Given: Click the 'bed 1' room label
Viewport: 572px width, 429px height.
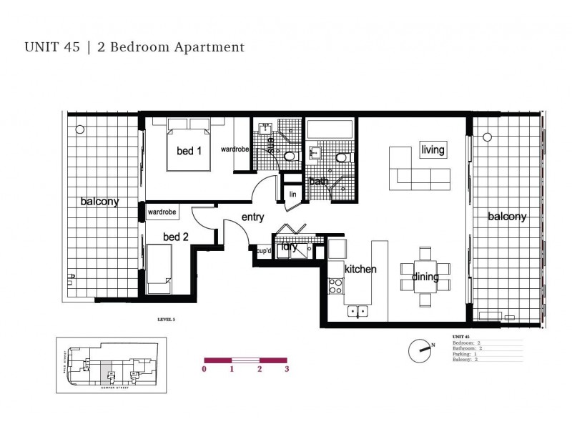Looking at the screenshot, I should point(189,151).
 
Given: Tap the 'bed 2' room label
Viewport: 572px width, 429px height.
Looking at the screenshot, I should point(176,237).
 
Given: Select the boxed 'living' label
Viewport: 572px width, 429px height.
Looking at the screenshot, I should point(433,150).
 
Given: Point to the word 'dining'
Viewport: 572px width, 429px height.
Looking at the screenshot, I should point(425,277).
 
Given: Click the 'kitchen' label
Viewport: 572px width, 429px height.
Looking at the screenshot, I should point(360,270).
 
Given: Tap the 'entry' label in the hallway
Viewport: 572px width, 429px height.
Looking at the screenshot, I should point(253,217).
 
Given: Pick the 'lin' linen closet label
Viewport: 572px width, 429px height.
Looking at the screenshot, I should point(292,194).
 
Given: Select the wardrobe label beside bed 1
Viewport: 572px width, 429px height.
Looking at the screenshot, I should point(234,150).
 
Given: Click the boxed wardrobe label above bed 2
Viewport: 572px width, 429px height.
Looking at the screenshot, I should point(162,212).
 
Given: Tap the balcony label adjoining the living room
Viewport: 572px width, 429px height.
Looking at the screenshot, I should point(507,217).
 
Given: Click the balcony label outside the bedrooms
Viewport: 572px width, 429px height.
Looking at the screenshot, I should point(99,202).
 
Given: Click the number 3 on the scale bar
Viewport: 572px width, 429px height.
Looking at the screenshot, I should point(287,370).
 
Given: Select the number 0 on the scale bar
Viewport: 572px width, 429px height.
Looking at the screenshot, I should point(204,370).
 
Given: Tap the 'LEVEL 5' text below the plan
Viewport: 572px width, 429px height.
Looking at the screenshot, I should point(166,320).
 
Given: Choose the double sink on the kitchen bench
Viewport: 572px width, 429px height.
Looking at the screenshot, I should point(357,311).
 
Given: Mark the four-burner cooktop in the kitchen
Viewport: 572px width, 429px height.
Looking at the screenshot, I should point(335,286).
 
